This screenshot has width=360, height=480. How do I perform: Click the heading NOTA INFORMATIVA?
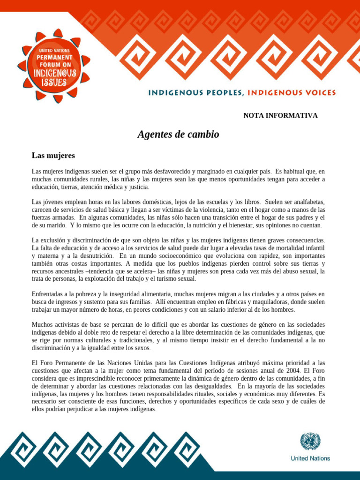click(x=280, y=115)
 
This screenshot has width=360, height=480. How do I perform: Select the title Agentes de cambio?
click(x=178, y=135)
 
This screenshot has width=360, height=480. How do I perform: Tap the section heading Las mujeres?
click(x=53, y=155)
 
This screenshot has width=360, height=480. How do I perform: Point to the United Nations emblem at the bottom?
click(x=310, y=442)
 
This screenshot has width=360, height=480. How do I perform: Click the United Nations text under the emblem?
click(x=310, y=458)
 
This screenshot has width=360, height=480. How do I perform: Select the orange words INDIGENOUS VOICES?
click(x=292, y=93)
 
